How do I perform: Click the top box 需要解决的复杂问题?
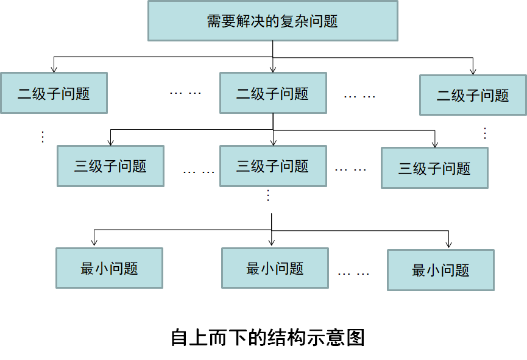pyautogui.click(x=273, y=21)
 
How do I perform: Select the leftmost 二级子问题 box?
pyautogui.click(x=54, y=93)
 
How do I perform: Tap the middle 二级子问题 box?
pyautogui.click(x=273, y=93)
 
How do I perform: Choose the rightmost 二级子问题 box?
pyautogui.click(x=473, y=94)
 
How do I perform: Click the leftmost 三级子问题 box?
pyautogui.click(x=110, y=166)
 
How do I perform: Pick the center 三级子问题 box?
pyautogui.click(x=273, y=166)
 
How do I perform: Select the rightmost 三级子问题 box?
pyautogui.click(x=434, y=168)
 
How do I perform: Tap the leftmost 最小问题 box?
pyautogui.click(x=109, y=268)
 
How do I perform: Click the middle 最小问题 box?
pyautogui.click(x=275, y=268)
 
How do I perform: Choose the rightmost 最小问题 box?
pyautogui.click(x=440, y=270)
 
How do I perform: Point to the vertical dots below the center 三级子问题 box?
pyautogui.click(x=269, y=196)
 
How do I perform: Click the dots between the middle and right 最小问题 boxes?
pyautogui.click(x=353, y=274)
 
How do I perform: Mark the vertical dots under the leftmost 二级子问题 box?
pyautogui.click(x=43, y=137)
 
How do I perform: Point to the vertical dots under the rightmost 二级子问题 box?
pyautogui.click(x=485, y=133)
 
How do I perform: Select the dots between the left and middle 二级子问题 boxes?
pyautogui.click(x=185, y=93)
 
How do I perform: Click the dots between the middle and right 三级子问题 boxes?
pyautogui.click(x=351, y=169)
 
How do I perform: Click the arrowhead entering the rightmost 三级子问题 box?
pyautogui.click(x=435, y=143)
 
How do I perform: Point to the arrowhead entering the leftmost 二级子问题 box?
pyautogui.click(x=54, y=69)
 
